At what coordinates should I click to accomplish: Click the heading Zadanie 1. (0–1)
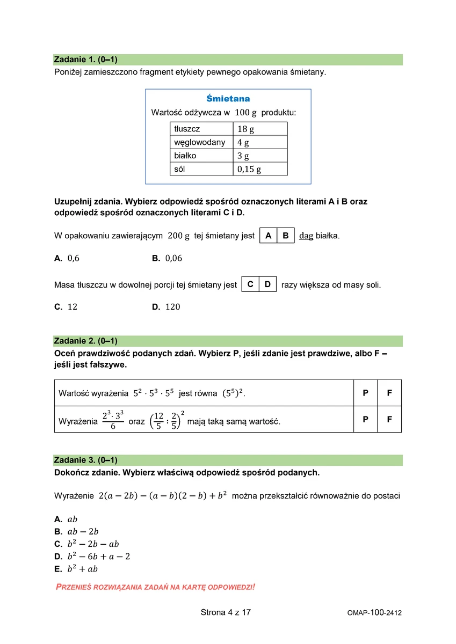click(x=86, y=60)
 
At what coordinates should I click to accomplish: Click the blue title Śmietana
click(x=228, y=99)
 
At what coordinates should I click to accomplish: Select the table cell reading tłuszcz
click(x=201, y=129)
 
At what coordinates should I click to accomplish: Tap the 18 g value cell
click(x=260, y=129)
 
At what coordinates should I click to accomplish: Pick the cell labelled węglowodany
click(x=201, y=142)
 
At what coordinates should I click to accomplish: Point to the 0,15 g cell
click(x=260, y=169)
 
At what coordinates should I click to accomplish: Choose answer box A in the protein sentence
click(x=269, y=236)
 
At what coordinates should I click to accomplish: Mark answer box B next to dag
click(x=286, y=236)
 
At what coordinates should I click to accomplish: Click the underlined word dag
click(x=306, y=236)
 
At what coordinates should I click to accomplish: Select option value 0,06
click(x=173, y=258)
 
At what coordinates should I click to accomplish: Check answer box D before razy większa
click(x=267, y=284)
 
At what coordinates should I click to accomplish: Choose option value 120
click(x=173, y=307)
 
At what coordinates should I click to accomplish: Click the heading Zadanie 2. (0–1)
click(x=86, y=341)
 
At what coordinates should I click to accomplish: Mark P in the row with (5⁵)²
click(x=366, y=393)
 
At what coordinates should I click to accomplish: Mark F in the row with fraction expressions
click(x=389, y=419)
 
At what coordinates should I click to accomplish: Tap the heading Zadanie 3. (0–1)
click(x=86, y=460)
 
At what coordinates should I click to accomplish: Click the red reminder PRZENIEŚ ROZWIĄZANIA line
click(x=156, y=587)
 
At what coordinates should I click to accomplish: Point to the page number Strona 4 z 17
click(x=226, y=612)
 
